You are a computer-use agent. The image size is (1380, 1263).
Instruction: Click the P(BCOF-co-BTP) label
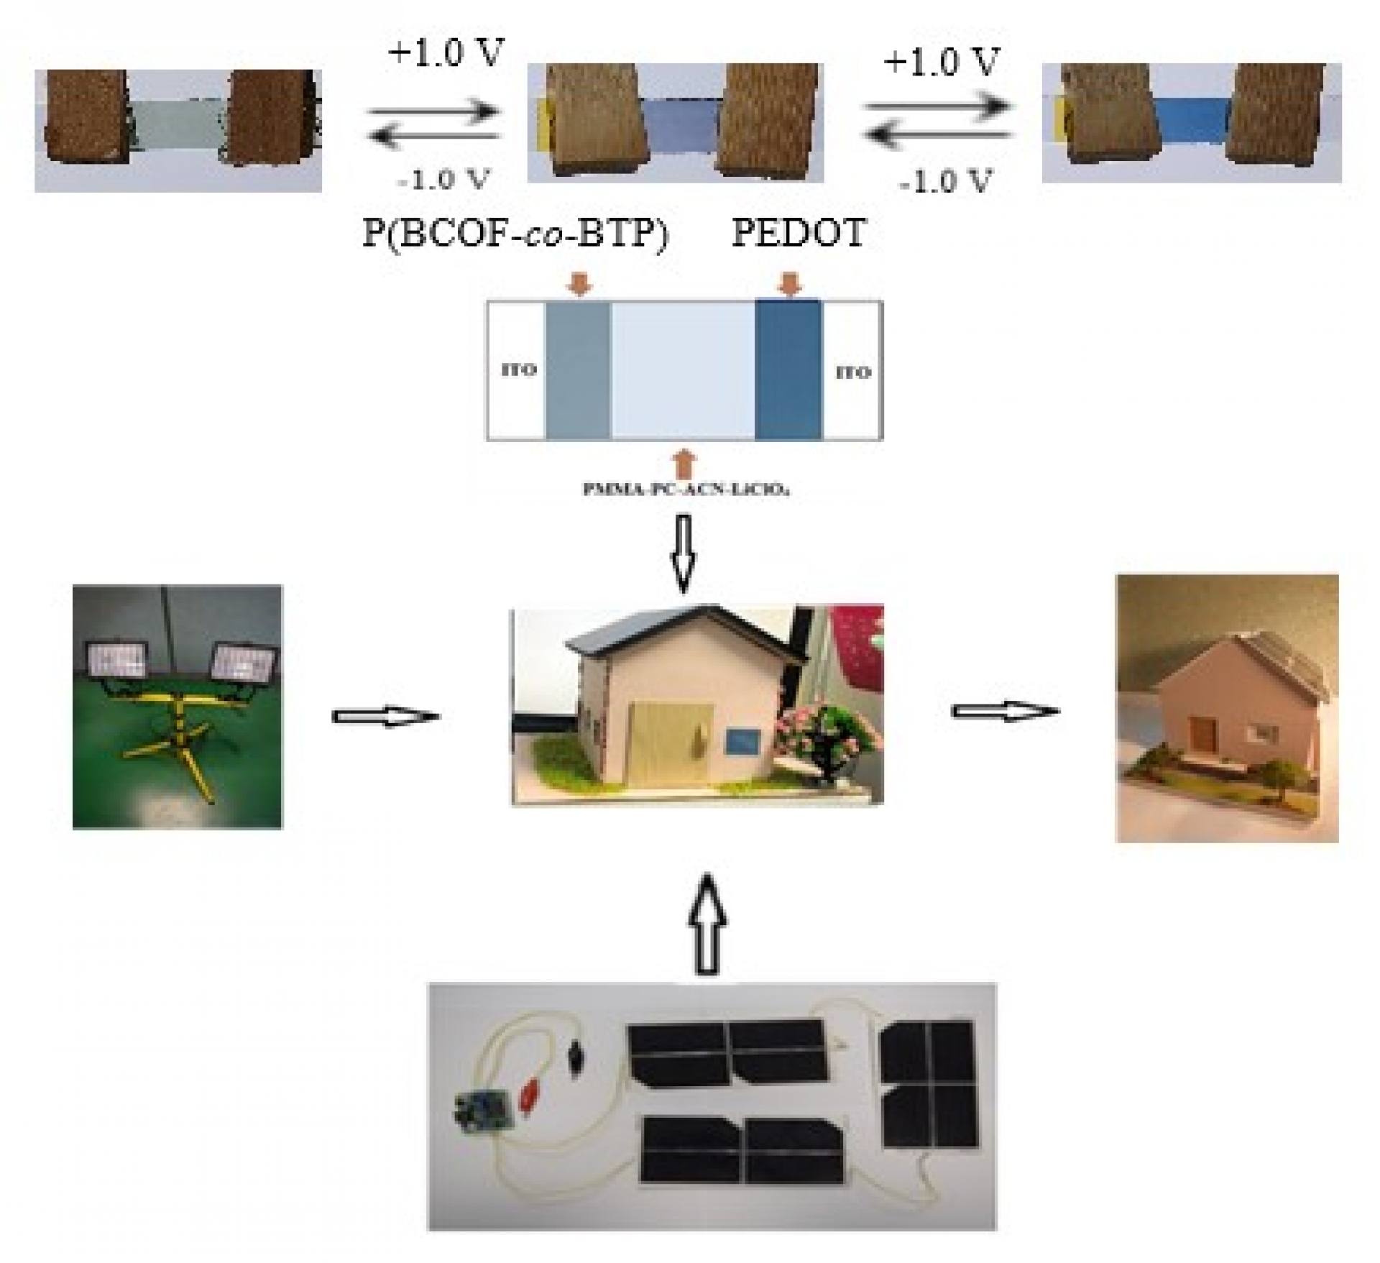coord(515,234)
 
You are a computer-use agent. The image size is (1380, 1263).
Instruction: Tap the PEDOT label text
coord(799,232)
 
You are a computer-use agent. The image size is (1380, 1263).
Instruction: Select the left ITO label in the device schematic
coord(518,370)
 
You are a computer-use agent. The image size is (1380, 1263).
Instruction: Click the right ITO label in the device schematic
coord(853,372)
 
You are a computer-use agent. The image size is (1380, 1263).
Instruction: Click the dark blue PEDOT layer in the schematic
coord(788,370)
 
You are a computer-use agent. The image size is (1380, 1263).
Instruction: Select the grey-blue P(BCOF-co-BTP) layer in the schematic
coord(578,370)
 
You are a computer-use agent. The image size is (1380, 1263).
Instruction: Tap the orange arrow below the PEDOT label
coord(789,284)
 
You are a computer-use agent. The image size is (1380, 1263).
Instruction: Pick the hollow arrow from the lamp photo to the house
coord(385,717)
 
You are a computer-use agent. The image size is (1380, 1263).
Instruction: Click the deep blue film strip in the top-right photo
coord(1190,119)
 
